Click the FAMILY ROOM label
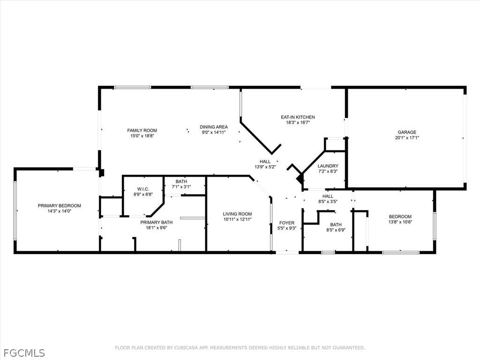(x=142, y=130)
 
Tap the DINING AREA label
(x=214, y=127)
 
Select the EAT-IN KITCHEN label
(x=298, y=117)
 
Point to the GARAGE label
(x=407, y=132)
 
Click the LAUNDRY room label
(x=328, y=166)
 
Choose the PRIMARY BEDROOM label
(x=60, y=206)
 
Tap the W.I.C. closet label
(x=143, y=189)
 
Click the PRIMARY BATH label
(x=157, y=222)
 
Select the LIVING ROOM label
(x=237, y=214)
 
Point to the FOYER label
(x=287, y=223)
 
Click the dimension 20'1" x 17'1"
(x=407, y=138)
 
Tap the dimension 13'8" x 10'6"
(x=400, y=222)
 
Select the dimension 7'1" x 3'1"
(x=181, y=187)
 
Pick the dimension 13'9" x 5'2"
(x=265, y=167)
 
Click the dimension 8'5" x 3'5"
(x=328, y=202)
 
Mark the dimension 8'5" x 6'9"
(x=336, y=230)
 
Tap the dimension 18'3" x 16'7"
(x=298, y=123)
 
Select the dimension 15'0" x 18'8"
(x=142, y=136)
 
